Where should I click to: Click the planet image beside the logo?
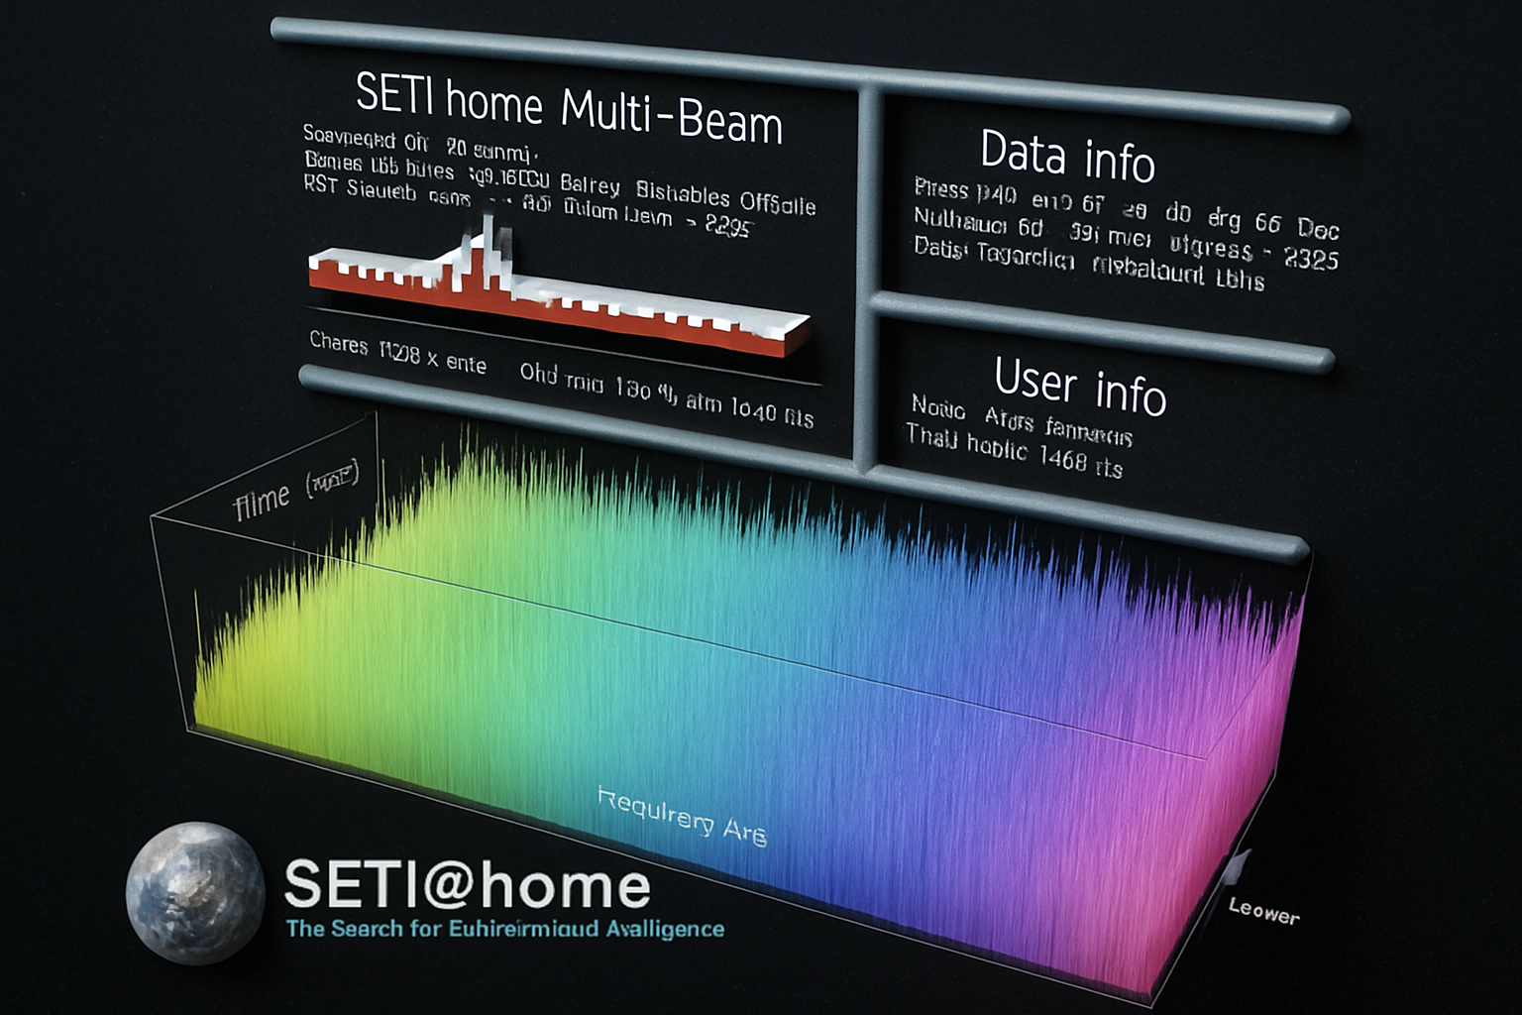[195, 892]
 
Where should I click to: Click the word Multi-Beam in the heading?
[672, 117]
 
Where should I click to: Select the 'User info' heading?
[1080, 385]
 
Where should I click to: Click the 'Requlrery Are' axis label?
[683, 817]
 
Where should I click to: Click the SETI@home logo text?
[467, 885]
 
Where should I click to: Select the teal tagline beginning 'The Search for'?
[504, 929]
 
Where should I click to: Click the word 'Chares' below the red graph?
[339, 343]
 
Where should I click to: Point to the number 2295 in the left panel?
[728, 226]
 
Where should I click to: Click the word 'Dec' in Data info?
[1318, 229]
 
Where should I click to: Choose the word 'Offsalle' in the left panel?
[778, 203]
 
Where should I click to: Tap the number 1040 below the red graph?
[753, 408]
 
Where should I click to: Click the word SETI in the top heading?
[394, 95]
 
